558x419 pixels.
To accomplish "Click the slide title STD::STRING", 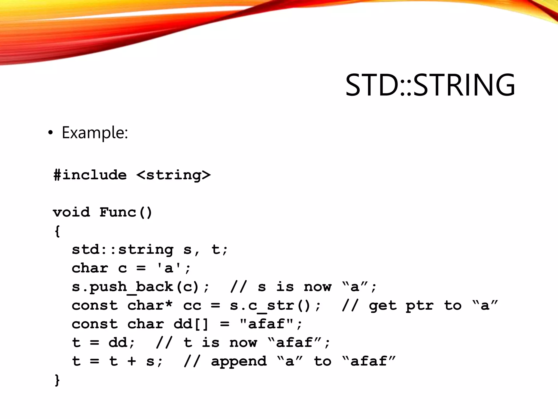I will tap(430, 85).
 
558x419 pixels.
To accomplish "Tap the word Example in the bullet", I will tap(94, 133).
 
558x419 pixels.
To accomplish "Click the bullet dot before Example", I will tap(50, 133).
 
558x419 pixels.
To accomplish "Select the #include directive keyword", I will tap(90, 175).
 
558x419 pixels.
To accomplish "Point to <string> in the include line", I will tap(173, 175).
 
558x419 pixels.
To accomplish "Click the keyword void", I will tap(71, 212).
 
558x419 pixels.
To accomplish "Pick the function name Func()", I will tap(126, 212).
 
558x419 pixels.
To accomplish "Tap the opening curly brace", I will tap(57, 231).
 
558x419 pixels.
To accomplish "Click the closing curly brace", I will tap(57, 380).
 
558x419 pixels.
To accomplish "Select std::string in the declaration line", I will tap(123, 250).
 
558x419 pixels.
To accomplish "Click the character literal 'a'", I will tap(169, 268).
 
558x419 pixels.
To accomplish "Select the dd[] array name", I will tap(191, 324).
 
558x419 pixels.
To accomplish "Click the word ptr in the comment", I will tap(419, 306).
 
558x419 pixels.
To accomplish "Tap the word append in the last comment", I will tap(239, 361).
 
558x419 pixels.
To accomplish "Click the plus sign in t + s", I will tap(132, 361).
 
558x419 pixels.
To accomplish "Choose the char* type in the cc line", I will tap(150, 306).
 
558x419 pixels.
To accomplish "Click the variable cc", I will tap(192, 306).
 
